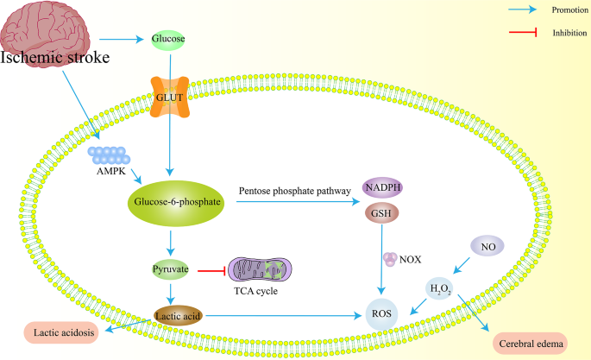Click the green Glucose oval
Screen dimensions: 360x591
[x=168, y=39]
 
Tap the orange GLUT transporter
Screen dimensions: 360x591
[x=171, y=97]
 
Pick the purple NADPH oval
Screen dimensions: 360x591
[x=381, y=187]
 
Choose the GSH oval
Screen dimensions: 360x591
[x=381, y=213]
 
